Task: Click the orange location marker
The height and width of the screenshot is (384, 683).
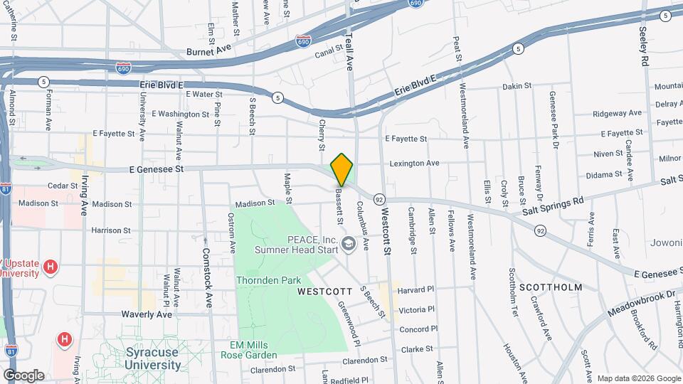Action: click(342, 169)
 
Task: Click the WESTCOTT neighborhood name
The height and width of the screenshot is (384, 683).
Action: click(325, 292)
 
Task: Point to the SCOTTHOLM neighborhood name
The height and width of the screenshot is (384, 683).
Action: click(551, 287)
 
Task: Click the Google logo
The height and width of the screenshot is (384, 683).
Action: click(23, 375)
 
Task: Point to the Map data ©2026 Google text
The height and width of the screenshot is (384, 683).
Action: click(638, 378)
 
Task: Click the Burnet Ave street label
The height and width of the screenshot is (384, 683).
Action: click(209, 51)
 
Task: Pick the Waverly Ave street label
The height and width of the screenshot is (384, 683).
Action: click(148, 314)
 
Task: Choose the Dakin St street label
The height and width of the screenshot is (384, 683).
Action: click(517, 86)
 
